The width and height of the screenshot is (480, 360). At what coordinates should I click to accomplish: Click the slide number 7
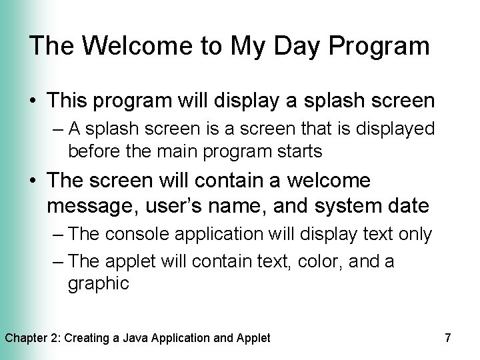[x=447, y=338]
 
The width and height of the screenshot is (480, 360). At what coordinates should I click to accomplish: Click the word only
[x=414, y=235]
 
